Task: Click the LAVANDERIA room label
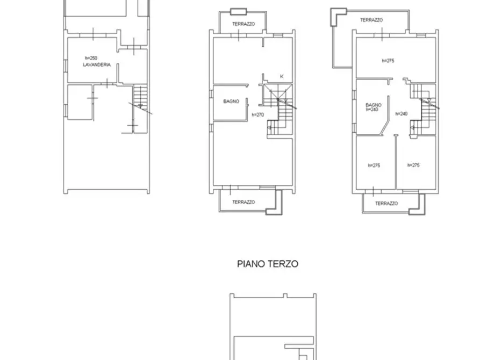(x=97, y=64)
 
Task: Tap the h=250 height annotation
(x=91, y=58)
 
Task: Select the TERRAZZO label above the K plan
(x=243, y=24)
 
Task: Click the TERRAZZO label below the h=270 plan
(x=243, y=202)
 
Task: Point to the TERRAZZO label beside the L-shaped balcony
(x=371, y=20)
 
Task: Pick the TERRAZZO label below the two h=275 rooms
(x=386, y=203)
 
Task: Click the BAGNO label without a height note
(x=231, y=102)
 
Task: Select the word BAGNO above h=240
(x=374, y=105)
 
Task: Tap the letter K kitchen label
(x=282, y=76)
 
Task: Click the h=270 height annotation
(x=258, y=115)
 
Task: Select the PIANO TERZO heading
(x=268, y=264)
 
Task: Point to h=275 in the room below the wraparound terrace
(x=388, y=61)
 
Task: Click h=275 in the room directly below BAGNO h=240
(x=374, y=165)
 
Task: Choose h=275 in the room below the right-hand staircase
(x=413, y=165)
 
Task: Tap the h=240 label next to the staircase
(x=402, y=113)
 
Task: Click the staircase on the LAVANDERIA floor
(x=140, y=98)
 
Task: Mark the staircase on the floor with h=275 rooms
(x=424, y=109)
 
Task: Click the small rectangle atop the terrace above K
(x=239, y=12)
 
